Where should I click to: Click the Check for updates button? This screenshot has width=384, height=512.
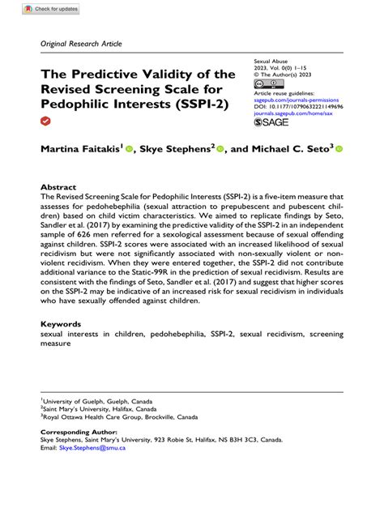(x=51, y=8)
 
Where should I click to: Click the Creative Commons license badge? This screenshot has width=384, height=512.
(x=268, y=84)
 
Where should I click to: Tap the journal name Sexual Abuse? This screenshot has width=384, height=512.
(x=272, y=62)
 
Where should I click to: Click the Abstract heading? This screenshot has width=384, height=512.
(x=58, y=186)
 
